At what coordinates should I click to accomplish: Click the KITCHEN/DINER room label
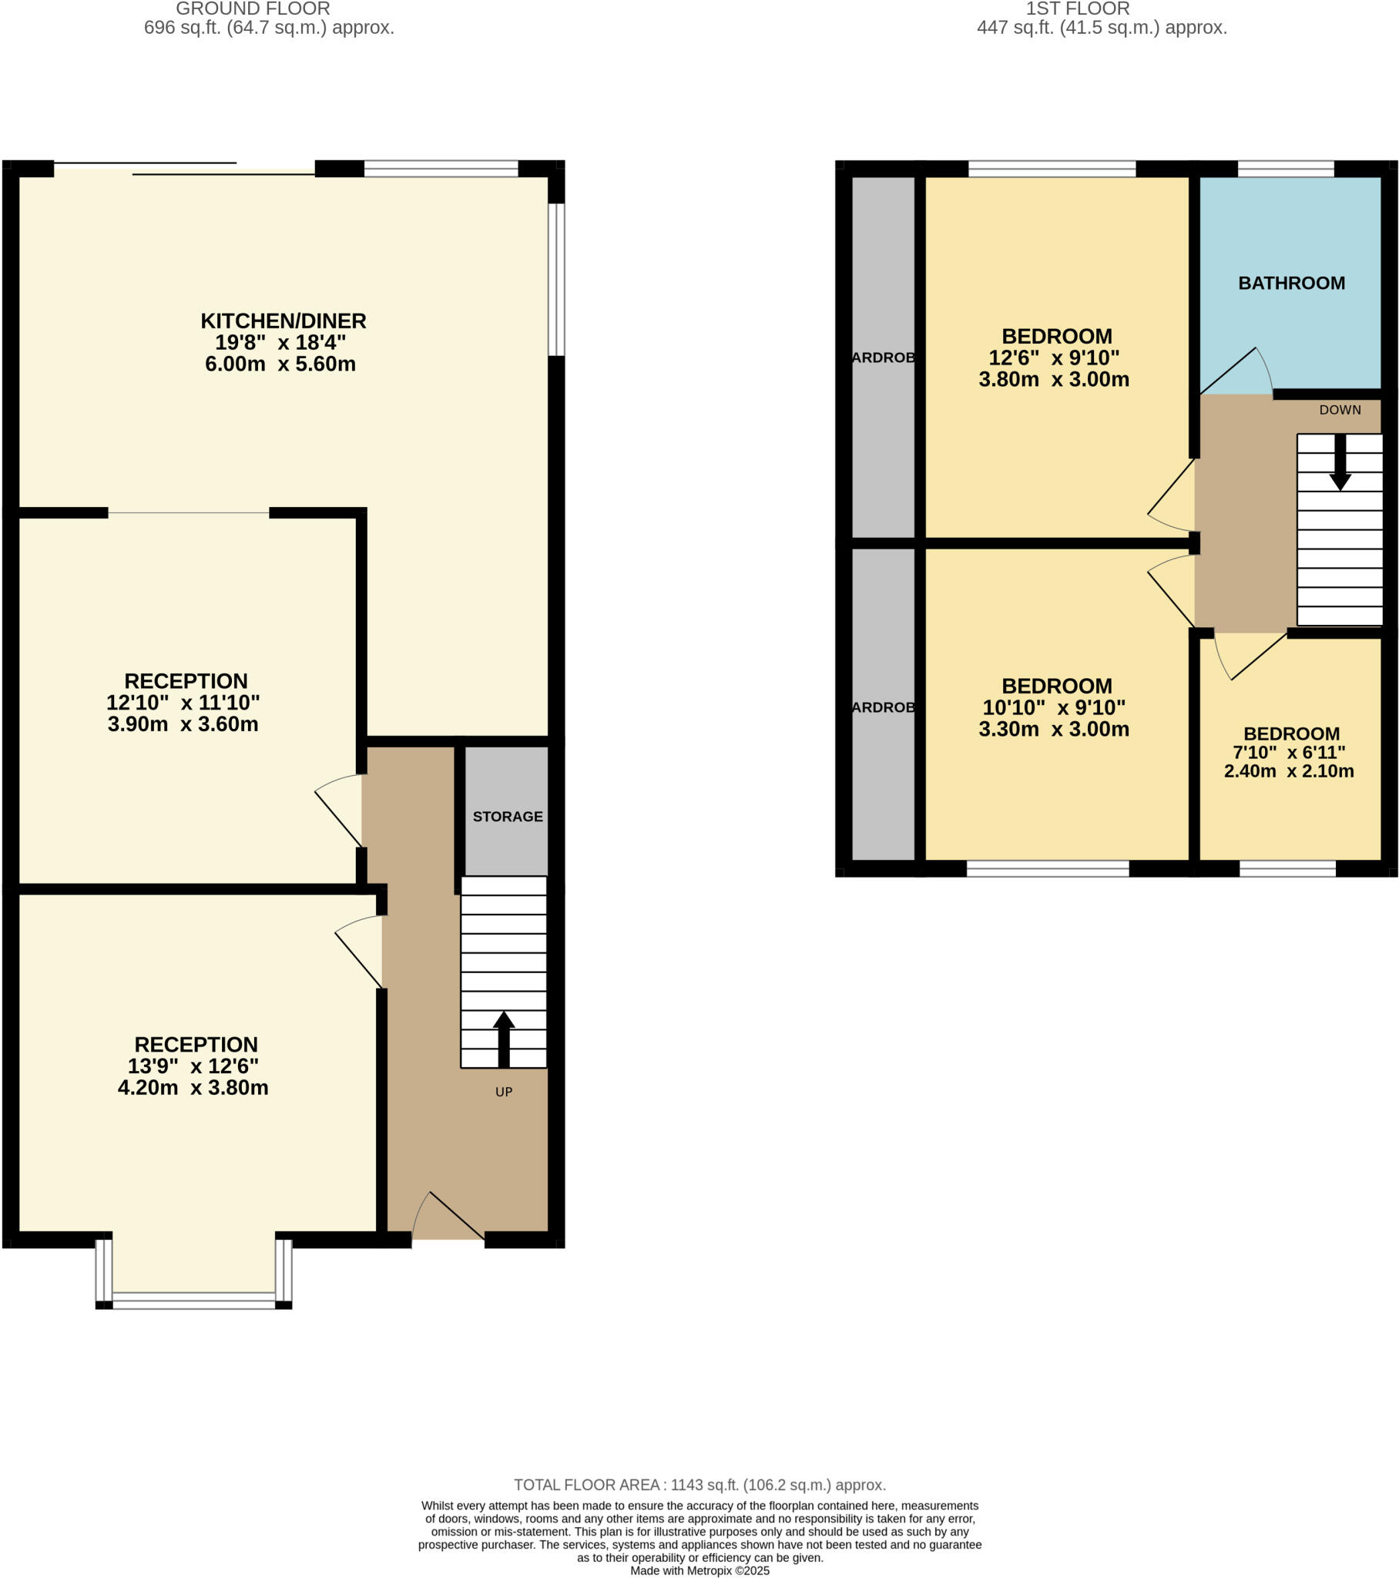[283, 321]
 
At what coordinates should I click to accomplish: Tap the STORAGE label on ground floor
[507, 816]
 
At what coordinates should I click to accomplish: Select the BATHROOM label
[1291, 284]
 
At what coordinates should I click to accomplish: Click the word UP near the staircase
[503, 1092]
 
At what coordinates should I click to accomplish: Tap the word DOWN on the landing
[1340, 410]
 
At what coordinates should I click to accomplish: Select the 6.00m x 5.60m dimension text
[280, 364]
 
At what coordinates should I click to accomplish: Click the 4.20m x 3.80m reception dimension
[193, 1088]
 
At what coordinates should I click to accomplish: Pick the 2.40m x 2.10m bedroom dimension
[1289, 771]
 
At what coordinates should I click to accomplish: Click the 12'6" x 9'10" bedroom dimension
[1054, 358]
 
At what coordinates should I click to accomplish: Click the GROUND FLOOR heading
[253, 9]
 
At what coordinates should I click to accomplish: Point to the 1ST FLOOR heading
[1077, 9]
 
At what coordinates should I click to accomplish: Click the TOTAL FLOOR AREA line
[699, 1485]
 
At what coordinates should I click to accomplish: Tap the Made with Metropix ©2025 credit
[699, 1570]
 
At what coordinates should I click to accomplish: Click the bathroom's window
[1286, 168]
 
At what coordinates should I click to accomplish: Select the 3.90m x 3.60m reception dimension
[183, 724]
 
